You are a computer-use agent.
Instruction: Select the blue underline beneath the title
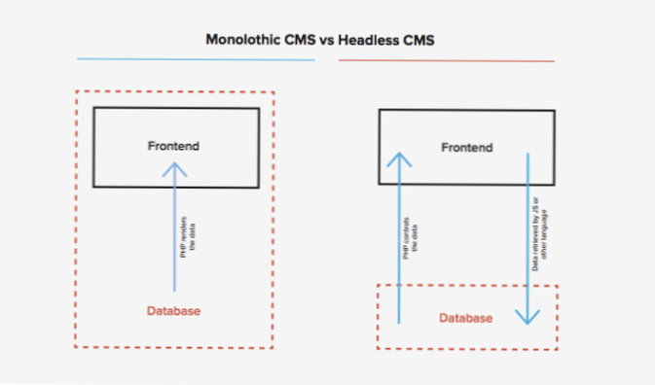click(x=195, y=59)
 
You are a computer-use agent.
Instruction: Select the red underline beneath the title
click(x=447, y=60)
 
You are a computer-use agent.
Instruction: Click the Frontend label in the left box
click(x=174, y=146)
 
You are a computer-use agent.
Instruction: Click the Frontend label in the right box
click(x=466, y=148)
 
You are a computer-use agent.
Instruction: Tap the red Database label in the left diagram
click(x=174, y=311)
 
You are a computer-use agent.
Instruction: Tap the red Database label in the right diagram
click(x=466, y=318)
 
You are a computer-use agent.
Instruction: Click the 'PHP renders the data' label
click(x=187, y=238)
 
